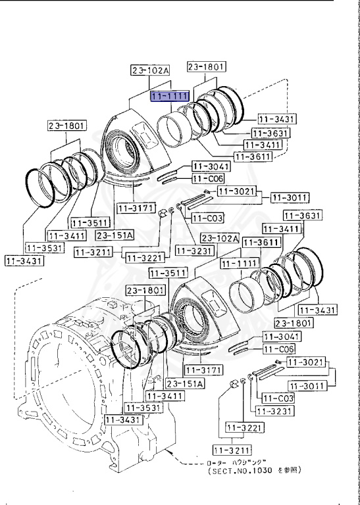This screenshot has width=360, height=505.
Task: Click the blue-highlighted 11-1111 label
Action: pyautogui.click(x=170, y=97)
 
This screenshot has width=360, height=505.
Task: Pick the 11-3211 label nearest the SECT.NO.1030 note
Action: pyautogui.click(x=231, y=450)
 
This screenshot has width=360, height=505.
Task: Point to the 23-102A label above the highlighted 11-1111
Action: pyautogui.click(x=150, y=70)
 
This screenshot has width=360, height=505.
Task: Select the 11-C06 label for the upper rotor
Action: pyautogui.click(x=207, y=179)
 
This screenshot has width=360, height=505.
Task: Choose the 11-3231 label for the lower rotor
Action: pyautogui.click(x=273, y=411)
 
